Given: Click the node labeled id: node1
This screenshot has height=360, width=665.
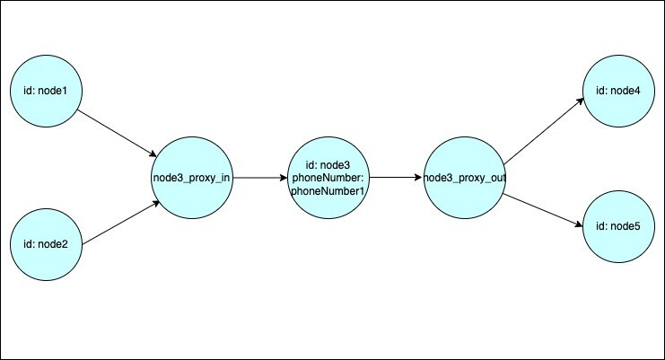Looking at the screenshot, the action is (46, 91).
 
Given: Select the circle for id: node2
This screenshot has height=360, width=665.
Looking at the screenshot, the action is (46, 244).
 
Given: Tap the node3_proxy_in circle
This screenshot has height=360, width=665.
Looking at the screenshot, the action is (192, 178).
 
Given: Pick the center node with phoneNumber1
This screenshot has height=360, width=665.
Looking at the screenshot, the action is (328, 178).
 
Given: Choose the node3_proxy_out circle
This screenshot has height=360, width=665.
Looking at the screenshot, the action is (464, 178).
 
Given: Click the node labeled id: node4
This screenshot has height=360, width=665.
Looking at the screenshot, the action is (618, 91).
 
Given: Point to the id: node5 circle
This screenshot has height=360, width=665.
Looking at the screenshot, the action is (618, 226).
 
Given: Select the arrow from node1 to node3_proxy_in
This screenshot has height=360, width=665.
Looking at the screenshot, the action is (117, 134).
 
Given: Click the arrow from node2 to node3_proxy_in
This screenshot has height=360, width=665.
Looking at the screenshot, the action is (121, 223).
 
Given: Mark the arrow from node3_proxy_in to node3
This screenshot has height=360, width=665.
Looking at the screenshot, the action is (260, 178).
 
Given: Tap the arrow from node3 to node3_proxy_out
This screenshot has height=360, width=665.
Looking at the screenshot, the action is (396, 178).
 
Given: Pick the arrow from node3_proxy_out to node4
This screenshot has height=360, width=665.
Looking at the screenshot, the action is (544, 131).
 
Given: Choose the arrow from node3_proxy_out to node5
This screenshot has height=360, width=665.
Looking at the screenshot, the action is (543, 210).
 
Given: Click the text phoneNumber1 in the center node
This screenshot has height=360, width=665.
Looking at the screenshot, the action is (328, 191).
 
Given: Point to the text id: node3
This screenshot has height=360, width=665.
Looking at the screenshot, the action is (328, 164).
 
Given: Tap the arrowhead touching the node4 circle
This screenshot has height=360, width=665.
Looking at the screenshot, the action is (580, 101).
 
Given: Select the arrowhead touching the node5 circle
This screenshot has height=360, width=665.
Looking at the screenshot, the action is (579, 224).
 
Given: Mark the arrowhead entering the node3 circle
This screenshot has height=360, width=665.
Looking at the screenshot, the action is (283, 178).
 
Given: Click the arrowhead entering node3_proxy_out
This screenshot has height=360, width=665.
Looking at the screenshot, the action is (419, 178).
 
